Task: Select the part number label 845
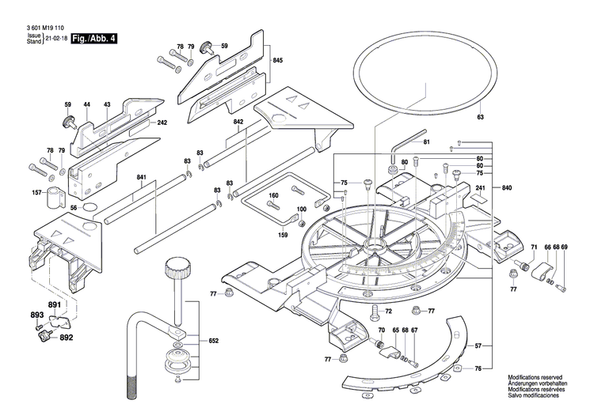click(278, 61)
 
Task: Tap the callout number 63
click(479, 117)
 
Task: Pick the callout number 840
click(506, 187)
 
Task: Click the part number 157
click(36, 193)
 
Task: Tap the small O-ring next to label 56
click(89, 209)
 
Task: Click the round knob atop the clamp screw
click(177, 266)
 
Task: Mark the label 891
click(54, 305)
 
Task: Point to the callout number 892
click(66, 337)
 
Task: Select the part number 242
click(162, 123)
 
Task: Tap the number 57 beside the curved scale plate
click(478, 345)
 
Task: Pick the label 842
click(238, 122)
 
